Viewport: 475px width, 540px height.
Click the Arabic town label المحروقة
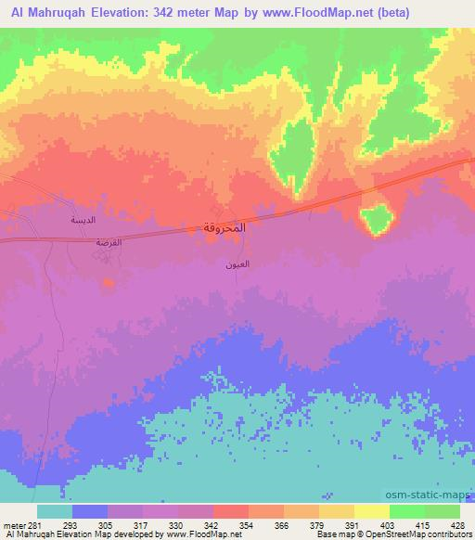pos(224,227)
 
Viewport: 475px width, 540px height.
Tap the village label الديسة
pos(84,221)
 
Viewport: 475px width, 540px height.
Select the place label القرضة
pos(109,242)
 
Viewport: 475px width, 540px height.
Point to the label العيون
pos(236,264)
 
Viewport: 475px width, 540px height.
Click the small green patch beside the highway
pos(376,220)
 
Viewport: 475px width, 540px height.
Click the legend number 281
pos(36,526)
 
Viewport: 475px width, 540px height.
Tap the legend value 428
pos(458,526)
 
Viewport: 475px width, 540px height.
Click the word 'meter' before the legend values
pos(13,526)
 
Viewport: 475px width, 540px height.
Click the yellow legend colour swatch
pos(372,511)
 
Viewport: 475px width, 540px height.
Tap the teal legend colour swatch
pos(55,511)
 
